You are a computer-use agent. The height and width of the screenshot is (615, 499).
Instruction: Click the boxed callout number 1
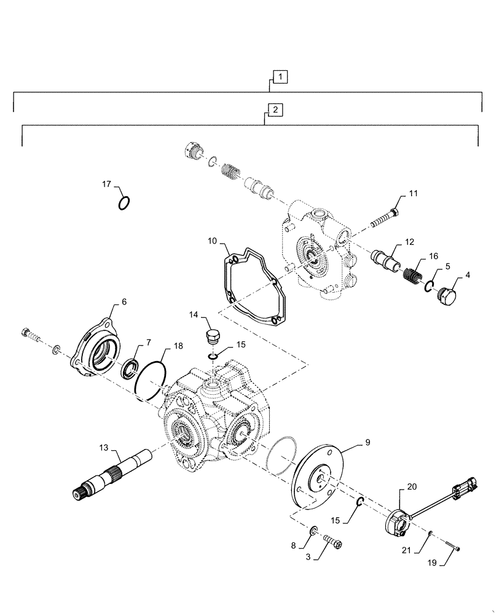click(280, 77)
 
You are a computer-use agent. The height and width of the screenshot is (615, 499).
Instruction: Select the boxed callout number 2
click(275, 110)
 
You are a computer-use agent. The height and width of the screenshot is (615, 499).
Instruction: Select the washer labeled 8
click(312, 531)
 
